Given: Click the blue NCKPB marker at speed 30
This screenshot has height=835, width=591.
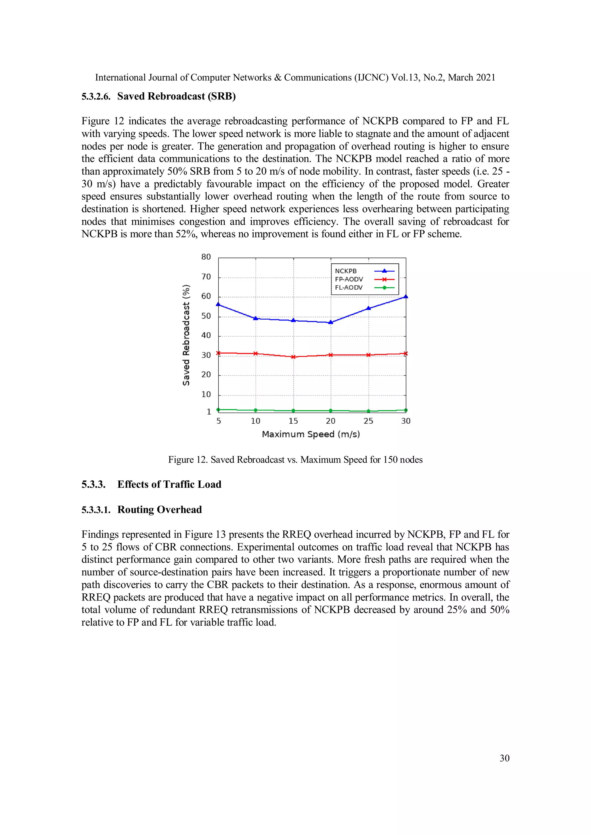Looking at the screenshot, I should click(x=406, y=297).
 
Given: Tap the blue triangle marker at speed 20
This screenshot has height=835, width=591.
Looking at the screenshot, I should click(x=330, y=322).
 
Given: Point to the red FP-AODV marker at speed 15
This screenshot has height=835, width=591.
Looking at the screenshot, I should click(x=293, y=357).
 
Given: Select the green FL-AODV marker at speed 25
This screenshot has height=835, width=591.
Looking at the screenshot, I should click(x=368, y=411).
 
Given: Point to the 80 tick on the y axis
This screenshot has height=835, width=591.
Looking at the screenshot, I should click(x=206, y=257).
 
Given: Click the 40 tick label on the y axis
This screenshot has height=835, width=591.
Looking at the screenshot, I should click(x=206, y=335).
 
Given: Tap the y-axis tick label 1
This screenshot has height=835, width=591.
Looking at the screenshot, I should click(x=209, y=412).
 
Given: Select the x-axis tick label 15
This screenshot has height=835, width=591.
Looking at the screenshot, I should click(x=293, y=421).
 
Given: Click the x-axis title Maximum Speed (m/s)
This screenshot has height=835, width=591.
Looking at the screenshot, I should click(x=311, y=434).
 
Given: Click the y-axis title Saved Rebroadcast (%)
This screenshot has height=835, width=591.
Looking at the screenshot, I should click(x=186, y=335).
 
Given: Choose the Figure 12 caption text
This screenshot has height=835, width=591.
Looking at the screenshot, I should click(x=295, y=460).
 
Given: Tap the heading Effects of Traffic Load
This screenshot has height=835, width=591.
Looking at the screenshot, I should click(x=169, y=485).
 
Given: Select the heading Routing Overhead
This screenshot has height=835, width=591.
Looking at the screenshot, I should click(x=159, y=510).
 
